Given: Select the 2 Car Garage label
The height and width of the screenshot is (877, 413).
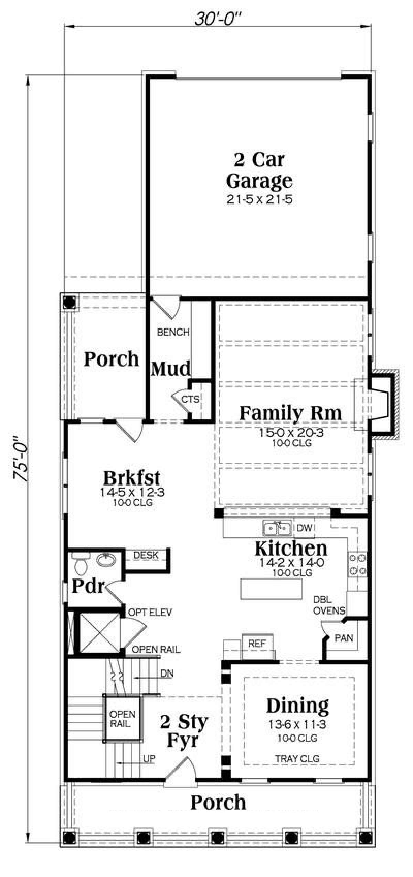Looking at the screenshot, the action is [259, 170].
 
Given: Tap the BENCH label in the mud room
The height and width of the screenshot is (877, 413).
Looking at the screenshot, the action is [173, 332].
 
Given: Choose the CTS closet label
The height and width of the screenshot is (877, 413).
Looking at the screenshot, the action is [190, 399].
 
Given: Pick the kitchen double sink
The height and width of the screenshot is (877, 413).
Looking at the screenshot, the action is [277, 528].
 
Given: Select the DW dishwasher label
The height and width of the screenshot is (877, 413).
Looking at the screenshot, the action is [304, 528].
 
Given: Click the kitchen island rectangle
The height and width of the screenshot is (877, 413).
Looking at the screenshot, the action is [271, 589].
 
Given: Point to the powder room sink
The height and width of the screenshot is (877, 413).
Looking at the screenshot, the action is [106, 560].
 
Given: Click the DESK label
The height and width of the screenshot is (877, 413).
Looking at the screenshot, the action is [146, 555].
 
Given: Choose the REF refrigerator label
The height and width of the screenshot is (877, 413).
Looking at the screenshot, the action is [257, 643].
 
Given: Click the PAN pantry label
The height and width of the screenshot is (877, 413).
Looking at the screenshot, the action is [344, 638].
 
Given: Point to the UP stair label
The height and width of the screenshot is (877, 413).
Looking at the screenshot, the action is [149, 759].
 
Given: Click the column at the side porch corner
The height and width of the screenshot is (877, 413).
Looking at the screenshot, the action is [69, 303].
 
